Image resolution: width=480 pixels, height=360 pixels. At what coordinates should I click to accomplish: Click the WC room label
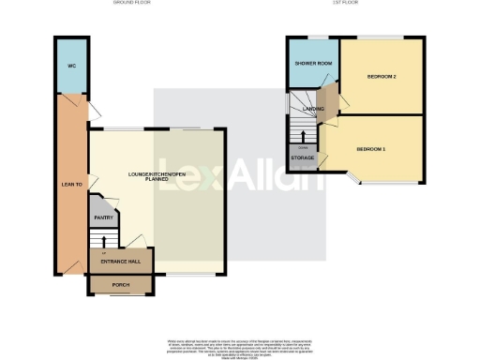click(x=71, y=67)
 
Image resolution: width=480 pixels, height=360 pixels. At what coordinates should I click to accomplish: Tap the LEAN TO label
click(x=71, y=185)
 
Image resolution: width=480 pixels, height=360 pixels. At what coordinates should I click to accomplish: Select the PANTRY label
click(x=102, y=217)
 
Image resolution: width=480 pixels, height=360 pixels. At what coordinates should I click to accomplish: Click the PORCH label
click(x=119, y=285)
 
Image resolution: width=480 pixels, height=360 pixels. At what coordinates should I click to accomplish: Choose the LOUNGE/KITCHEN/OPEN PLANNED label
click(x=156, y=177)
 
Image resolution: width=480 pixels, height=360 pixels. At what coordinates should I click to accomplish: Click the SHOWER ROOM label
click(x=313, y=63)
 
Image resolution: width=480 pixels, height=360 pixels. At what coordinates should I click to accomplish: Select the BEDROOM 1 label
click(x=372, y=149)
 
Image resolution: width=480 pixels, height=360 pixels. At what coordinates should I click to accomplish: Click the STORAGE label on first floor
click(x=302, y=158)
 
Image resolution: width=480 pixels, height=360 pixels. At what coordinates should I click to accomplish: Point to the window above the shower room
click(x=313, y=37)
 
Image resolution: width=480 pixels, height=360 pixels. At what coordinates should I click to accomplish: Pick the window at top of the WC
click(x=71, y=37)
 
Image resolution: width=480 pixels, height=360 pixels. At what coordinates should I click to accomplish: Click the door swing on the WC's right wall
click(x=93, y=112)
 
